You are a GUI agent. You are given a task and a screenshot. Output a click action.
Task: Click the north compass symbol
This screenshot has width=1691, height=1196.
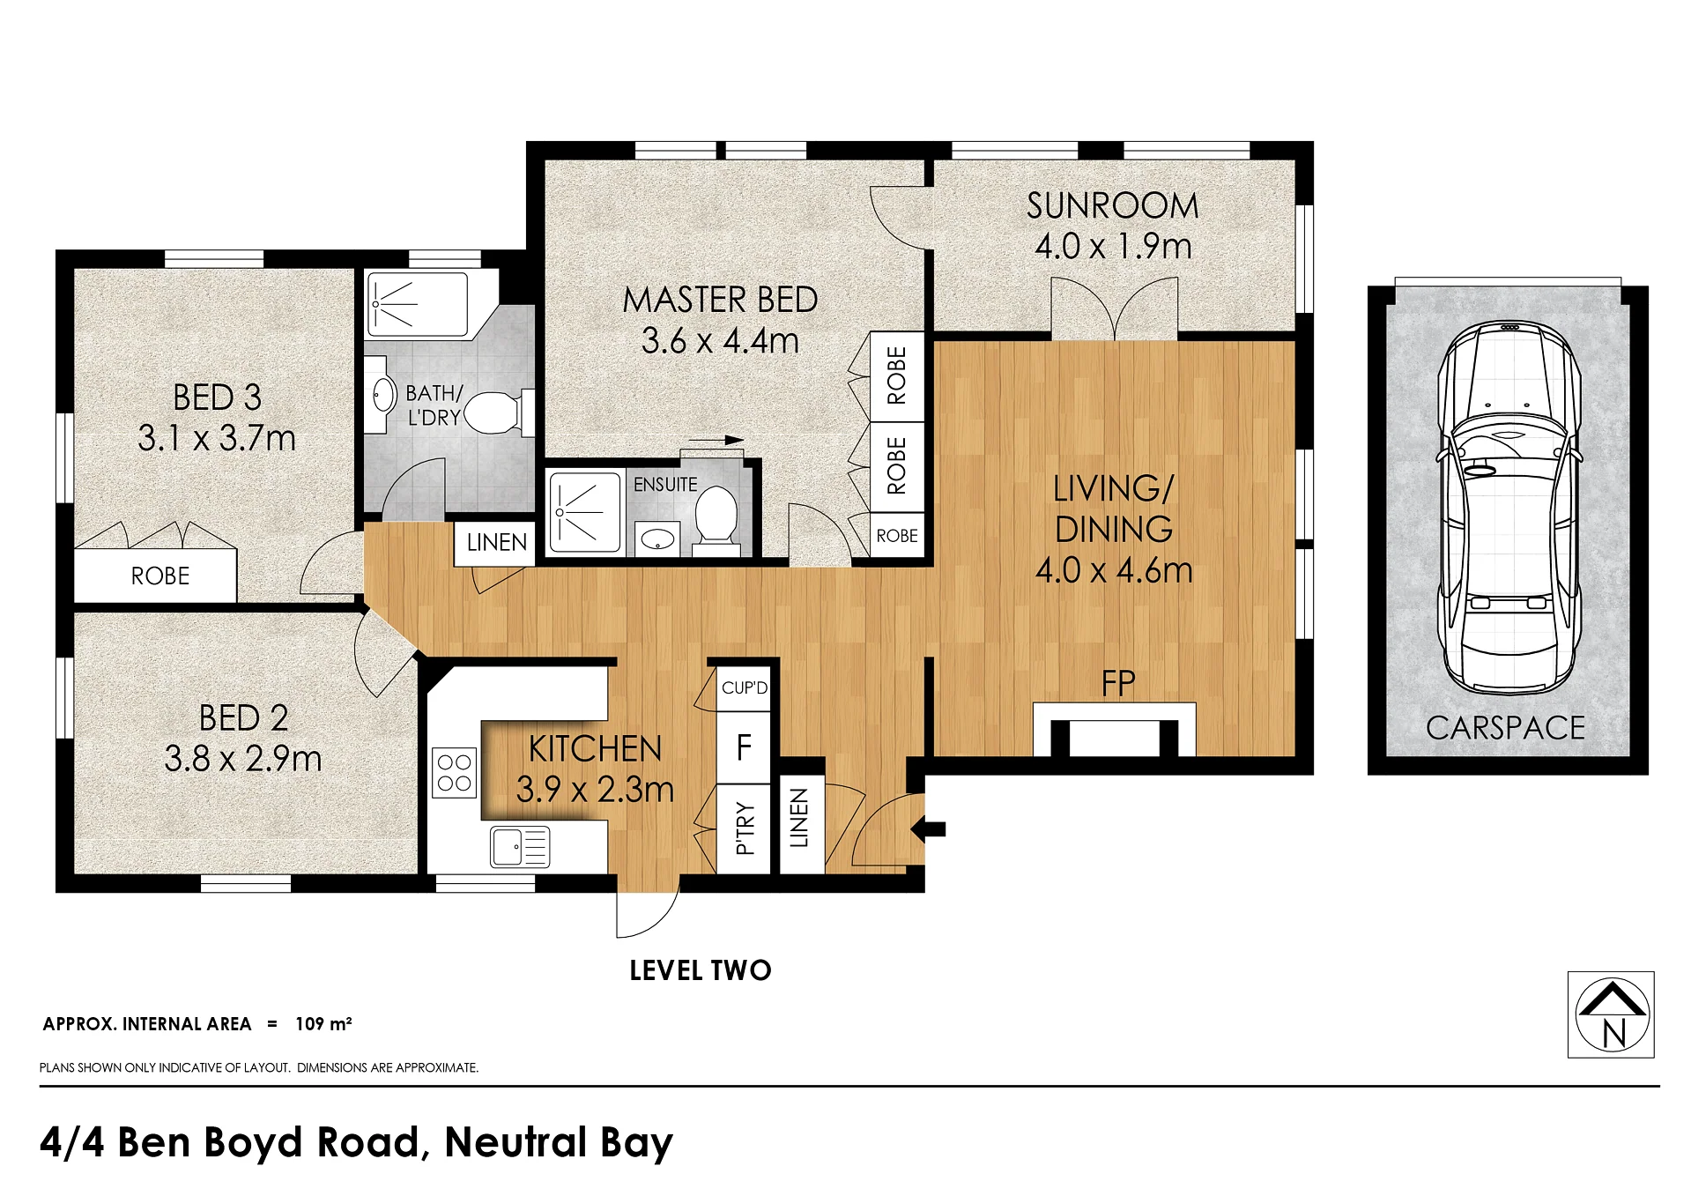point(1611,1014)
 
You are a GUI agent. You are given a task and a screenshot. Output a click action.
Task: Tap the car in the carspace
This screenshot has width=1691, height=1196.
point(1509,508)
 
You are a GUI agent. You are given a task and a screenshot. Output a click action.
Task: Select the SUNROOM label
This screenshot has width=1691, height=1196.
point(1113,206)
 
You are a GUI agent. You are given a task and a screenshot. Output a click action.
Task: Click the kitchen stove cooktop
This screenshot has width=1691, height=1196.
point(454,773)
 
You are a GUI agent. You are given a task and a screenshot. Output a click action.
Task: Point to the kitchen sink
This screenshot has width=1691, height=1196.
point(520,847)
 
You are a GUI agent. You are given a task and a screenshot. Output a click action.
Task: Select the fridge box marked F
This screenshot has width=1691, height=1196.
point(744,747)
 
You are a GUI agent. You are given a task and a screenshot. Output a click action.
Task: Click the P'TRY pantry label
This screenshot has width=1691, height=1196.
point(745,828)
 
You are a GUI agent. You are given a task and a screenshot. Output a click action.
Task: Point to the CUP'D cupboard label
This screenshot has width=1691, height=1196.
point(745,687)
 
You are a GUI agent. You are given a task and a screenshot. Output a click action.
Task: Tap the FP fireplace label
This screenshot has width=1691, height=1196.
point(1118,683)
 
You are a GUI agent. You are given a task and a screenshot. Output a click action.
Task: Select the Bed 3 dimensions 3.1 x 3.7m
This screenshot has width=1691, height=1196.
point(217,438)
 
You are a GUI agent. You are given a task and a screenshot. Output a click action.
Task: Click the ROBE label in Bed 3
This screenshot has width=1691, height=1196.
point(160,576)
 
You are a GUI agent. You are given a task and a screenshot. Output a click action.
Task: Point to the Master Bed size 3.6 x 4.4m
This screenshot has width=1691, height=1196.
point(720,340)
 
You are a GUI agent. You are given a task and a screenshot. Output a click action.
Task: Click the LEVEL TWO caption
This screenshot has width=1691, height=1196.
point(701,970)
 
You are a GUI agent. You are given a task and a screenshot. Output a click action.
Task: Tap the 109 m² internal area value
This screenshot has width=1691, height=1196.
point(323,1023)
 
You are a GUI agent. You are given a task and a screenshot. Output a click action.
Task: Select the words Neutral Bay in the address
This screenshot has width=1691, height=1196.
point(559,1142)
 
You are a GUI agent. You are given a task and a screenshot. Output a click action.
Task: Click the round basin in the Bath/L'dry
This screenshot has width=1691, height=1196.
point(383,395)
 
